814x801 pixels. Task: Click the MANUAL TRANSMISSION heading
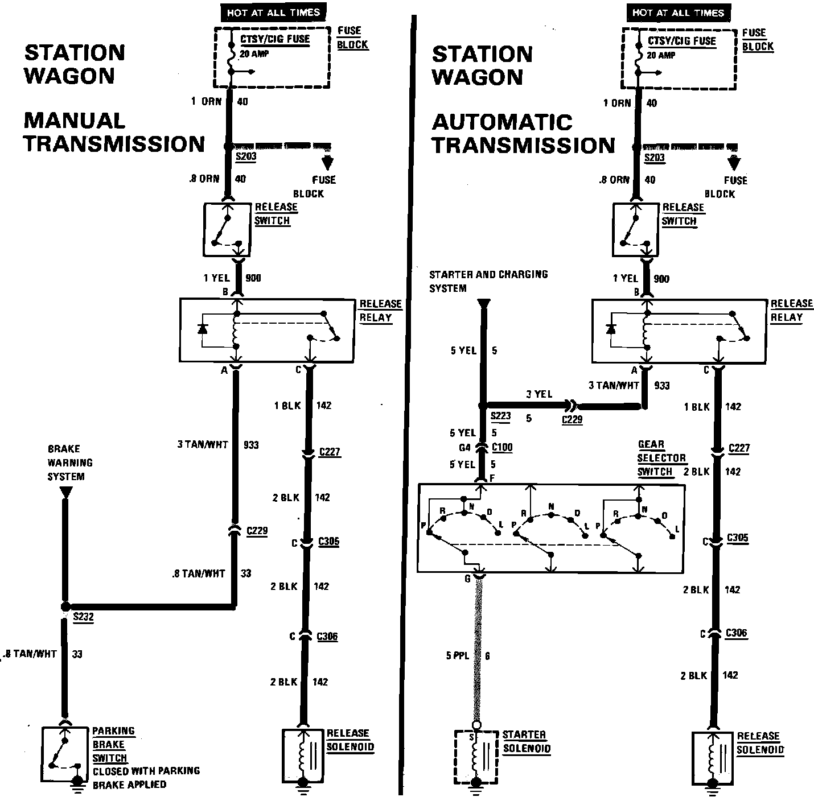pyautogui.click(x=114, y=132)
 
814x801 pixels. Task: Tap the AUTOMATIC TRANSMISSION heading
pyautogui.click(x=523, y=134)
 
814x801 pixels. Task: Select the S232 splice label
pyautogui.click(x=83, y=616)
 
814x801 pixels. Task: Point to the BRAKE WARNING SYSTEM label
pyautogui.click(x=70, y=463)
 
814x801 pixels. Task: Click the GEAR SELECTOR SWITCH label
pyautogui.click(x=661, y=458)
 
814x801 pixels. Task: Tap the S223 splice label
pyautogui.click(x=501, y=416)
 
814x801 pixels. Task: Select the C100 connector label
pyautogui.click(x=501, y=448)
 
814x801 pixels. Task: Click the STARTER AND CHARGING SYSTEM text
pyautogui.click(x=488, y=281)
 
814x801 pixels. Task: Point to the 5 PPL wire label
pyautogui.click(x=457, y=656)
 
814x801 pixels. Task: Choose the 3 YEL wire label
pyautogui.click(x=539, y=394)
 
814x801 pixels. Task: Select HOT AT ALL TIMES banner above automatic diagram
pyautogui.click(x=678, y=13)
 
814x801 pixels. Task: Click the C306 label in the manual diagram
pyautogui.click(x=327, y=636)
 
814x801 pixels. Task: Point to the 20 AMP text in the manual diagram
pyautogui.click(x=254, y=54)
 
